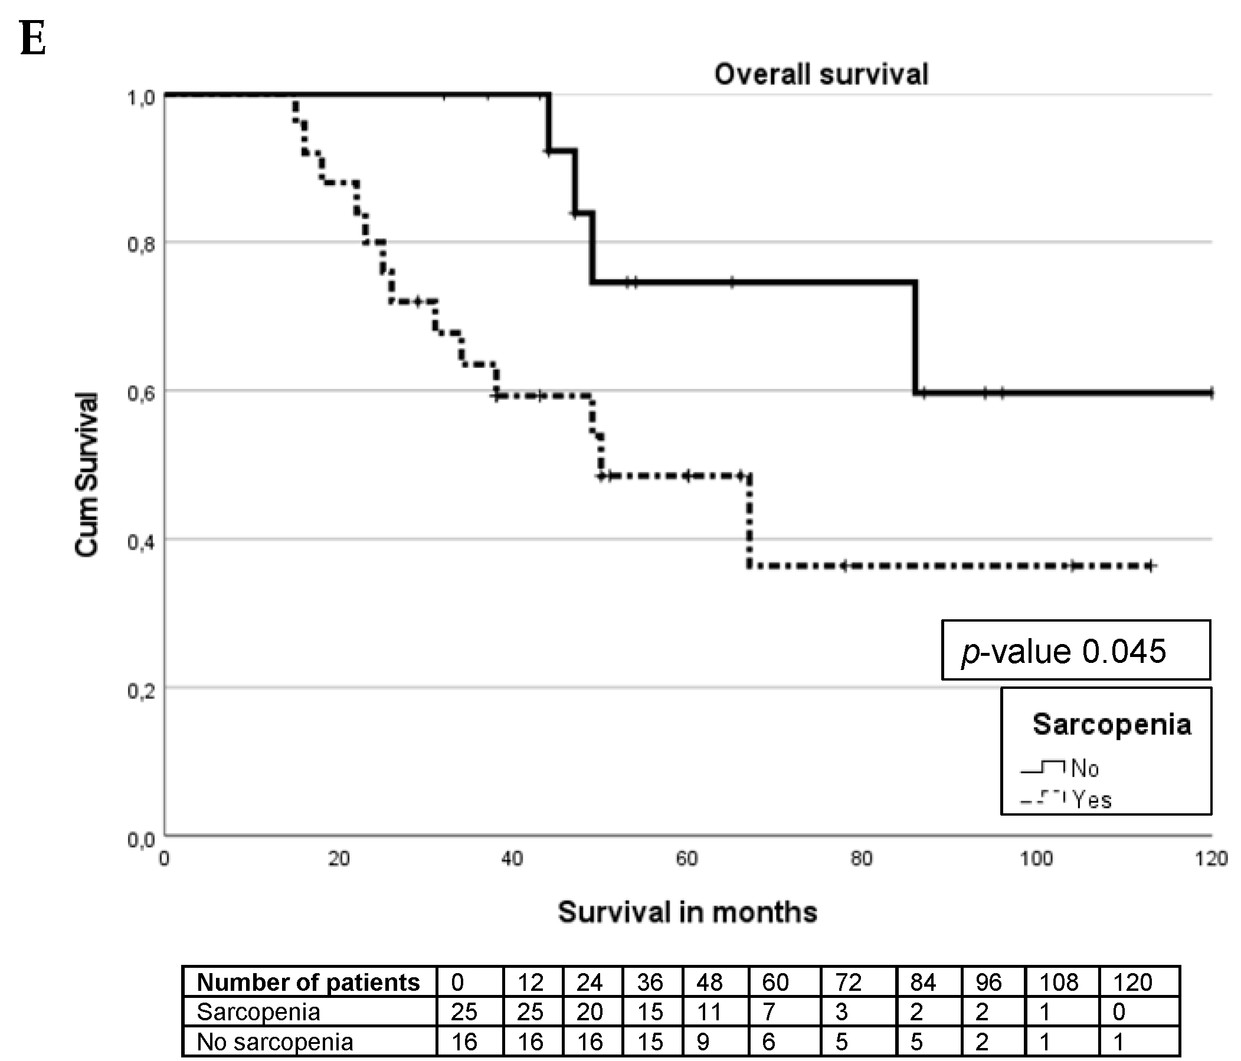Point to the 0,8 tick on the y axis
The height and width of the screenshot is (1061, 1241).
141,244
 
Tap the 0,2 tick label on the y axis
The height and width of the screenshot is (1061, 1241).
141,691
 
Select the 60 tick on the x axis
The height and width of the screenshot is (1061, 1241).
686,859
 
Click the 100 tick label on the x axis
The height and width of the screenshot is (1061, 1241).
1036,859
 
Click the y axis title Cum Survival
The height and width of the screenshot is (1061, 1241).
86,474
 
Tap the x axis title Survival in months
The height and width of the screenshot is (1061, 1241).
687,912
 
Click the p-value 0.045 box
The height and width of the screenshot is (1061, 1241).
1076,651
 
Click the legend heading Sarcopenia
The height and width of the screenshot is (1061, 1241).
1112,724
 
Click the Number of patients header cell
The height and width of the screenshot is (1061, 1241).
309,983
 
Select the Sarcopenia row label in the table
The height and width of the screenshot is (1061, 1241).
258,1012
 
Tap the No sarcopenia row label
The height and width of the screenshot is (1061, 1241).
275,1042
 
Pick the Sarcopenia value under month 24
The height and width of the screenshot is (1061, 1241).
590,1012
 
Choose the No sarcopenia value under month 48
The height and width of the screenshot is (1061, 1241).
703,1042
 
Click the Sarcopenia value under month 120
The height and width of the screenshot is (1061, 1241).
1118,1012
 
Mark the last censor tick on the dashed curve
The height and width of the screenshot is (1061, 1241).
1150,566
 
